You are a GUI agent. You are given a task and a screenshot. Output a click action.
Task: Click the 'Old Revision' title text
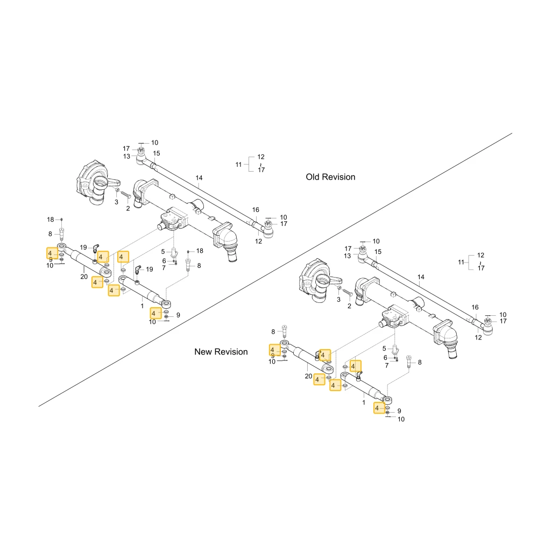[330, 177]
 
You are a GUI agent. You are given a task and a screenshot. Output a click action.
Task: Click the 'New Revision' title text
[221, 352]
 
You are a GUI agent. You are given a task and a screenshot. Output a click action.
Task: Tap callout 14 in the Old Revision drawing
[199, 178]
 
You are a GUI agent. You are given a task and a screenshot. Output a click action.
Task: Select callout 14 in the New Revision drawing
[421, 277]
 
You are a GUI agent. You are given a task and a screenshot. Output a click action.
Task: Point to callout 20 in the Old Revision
[84, 277]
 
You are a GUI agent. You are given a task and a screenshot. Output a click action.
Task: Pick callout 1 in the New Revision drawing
[364, 402]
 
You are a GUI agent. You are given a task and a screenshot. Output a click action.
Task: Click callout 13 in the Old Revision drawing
[126, 157]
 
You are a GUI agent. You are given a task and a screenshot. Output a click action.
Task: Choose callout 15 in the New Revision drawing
[378, 252]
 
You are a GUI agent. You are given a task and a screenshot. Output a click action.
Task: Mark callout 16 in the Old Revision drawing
[256, 210]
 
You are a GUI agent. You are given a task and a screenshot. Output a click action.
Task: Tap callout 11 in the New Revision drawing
[461, 262]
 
